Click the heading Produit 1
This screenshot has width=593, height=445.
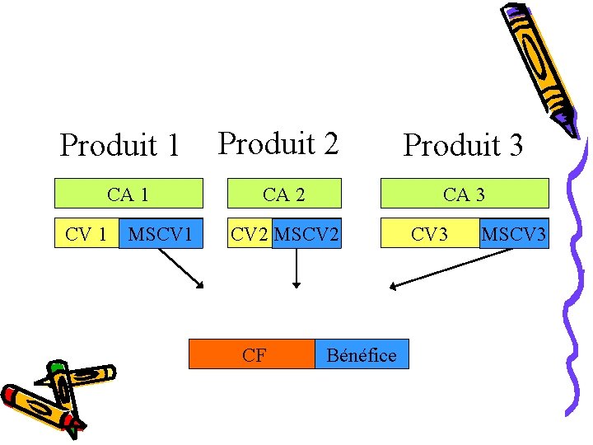pyautogui.click(x=120, y=146)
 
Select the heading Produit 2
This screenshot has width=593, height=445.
pyautogui.click(x=278, y=143)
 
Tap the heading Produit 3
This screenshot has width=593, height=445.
pyautogui.click(x=462, y=146)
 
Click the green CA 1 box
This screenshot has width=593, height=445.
pyautogui.click(x=128, y=194)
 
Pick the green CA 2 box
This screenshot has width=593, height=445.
pyautogui.click(x=284, y=194)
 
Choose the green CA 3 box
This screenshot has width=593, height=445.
pyautogui.click(x=464, y=194)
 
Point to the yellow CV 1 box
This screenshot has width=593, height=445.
pyautogui.click(x=86, y=234)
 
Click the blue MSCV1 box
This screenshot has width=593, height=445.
pyautogui.click(x=161, y=234)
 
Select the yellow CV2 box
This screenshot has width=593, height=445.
pyautogui.click(x=250, y=234)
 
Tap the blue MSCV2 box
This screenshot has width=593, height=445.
pyautogui.click(x=306, y=234)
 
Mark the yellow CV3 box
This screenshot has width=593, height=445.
pyautogui.click(x=429, y=234)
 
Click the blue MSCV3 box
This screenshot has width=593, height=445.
pyautogui.click(x=514, y=234)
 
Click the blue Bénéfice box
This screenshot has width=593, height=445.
pyautogui.click(x=362, y=354)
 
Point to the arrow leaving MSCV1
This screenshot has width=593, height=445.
pyautogui.click(x=180, y=268)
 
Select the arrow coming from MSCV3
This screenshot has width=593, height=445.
pyautogui.click(x=451, y=269)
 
